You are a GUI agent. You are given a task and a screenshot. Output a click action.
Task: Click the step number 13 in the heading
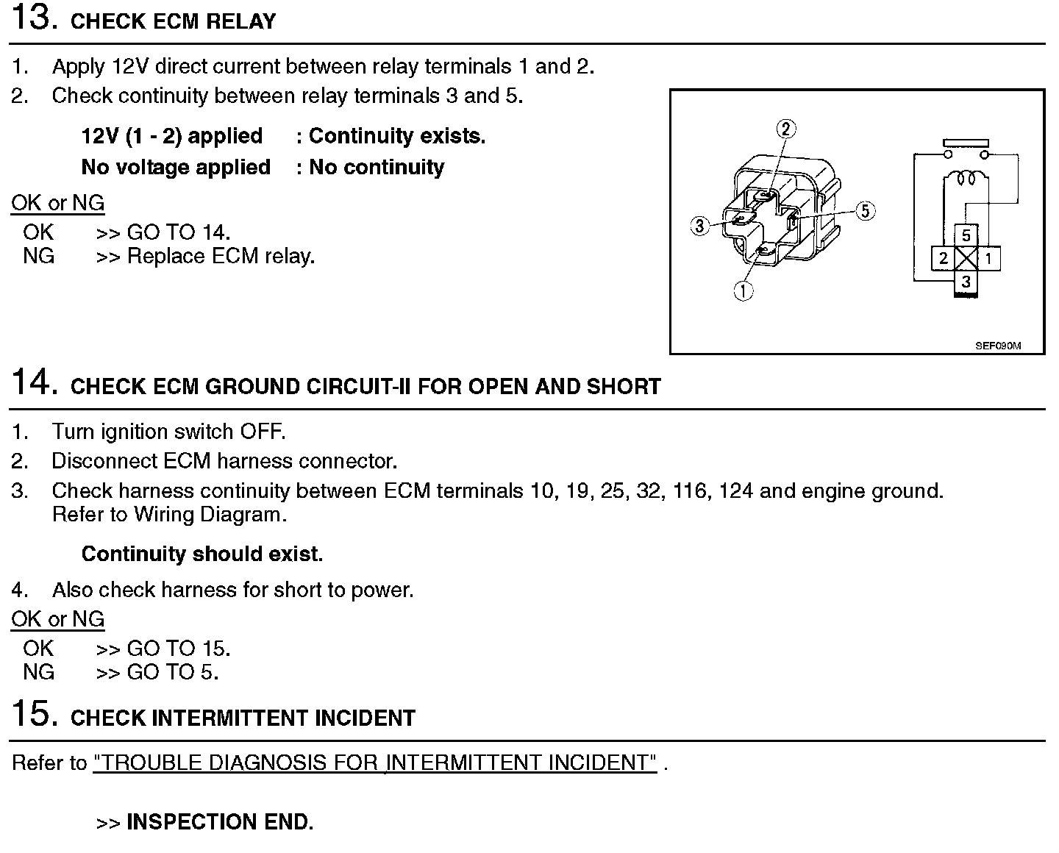(x=33, y=18)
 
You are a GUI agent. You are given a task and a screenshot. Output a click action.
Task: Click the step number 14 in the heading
(x=34, y=383)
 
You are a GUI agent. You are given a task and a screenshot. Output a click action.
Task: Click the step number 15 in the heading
(x=34, y=715)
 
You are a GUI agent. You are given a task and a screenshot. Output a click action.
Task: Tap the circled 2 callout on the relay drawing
(x=786, y=129)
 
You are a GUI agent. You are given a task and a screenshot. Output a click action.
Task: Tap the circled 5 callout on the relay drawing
(x=866, y=211)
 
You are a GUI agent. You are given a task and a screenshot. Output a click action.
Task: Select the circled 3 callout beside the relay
(x=699, y=226)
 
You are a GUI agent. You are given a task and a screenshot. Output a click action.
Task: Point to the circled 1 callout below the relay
(x=744, y=291)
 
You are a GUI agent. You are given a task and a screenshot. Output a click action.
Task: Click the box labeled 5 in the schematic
(x=966, y=235)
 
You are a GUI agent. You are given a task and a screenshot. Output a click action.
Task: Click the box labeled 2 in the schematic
(x=944, y=258)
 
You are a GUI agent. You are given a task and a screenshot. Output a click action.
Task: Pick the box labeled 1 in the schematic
(x=989, y=258)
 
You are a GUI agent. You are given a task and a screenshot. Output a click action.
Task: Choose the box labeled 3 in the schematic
(x=966, y=282)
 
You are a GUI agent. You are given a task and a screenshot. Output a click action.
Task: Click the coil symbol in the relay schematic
(x=966, y=178)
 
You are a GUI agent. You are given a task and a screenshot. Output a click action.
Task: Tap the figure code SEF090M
(x=998, y=346)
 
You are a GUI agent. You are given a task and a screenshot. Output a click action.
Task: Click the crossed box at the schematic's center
(x=966, y=258)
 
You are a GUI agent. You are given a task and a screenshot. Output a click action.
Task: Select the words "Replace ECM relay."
(x=221, y=257)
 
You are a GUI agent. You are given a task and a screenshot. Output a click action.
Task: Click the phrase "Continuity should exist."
(x=202, y=554)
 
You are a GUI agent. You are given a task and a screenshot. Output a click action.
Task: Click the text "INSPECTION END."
(x=220, y=822)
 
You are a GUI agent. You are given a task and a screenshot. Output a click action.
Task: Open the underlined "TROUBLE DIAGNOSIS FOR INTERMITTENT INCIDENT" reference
(x=375, y=763)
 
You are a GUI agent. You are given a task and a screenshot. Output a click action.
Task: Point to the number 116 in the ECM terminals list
(x=689, y=491)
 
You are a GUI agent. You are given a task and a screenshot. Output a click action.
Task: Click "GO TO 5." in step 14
(x=173, y=672)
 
